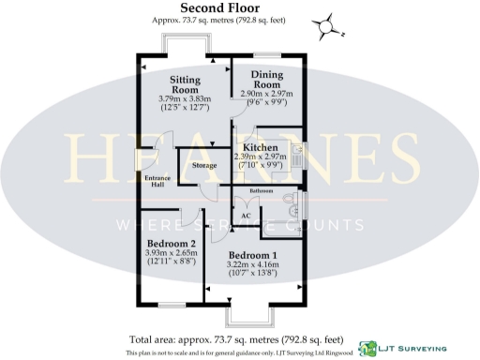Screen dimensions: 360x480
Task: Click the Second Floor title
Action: [239, 7]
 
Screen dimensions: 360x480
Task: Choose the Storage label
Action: [204, 165]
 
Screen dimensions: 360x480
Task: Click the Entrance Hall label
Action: [156, 181]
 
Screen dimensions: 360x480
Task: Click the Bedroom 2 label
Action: [172, 241]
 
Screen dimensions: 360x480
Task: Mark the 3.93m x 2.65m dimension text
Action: [171, 252]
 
